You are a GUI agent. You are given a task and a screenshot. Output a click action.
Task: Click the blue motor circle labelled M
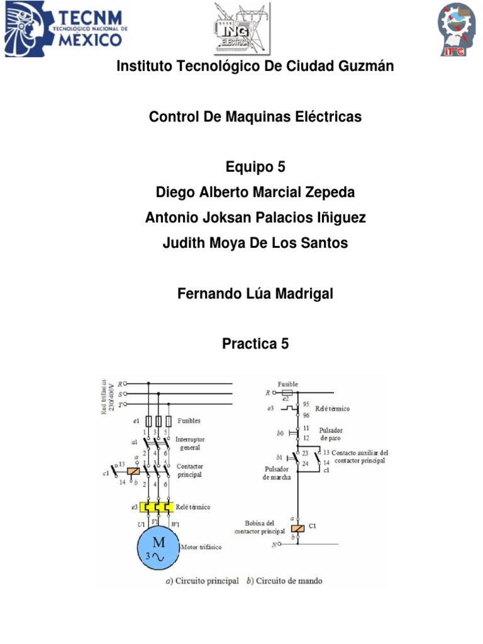[158, 547]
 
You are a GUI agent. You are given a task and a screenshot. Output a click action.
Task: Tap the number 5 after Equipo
[281, 167]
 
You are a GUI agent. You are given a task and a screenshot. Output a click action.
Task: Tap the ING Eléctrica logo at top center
[242, 28]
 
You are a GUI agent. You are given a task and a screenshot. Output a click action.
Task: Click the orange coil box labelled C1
[298, 528]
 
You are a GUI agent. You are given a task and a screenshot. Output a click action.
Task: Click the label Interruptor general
[190, 443]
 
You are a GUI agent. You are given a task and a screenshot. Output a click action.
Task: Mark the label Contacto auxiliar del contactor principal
[360, 457]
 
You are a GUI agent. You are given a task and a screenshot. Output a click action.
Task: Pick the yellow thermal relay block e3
[157, 507]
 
